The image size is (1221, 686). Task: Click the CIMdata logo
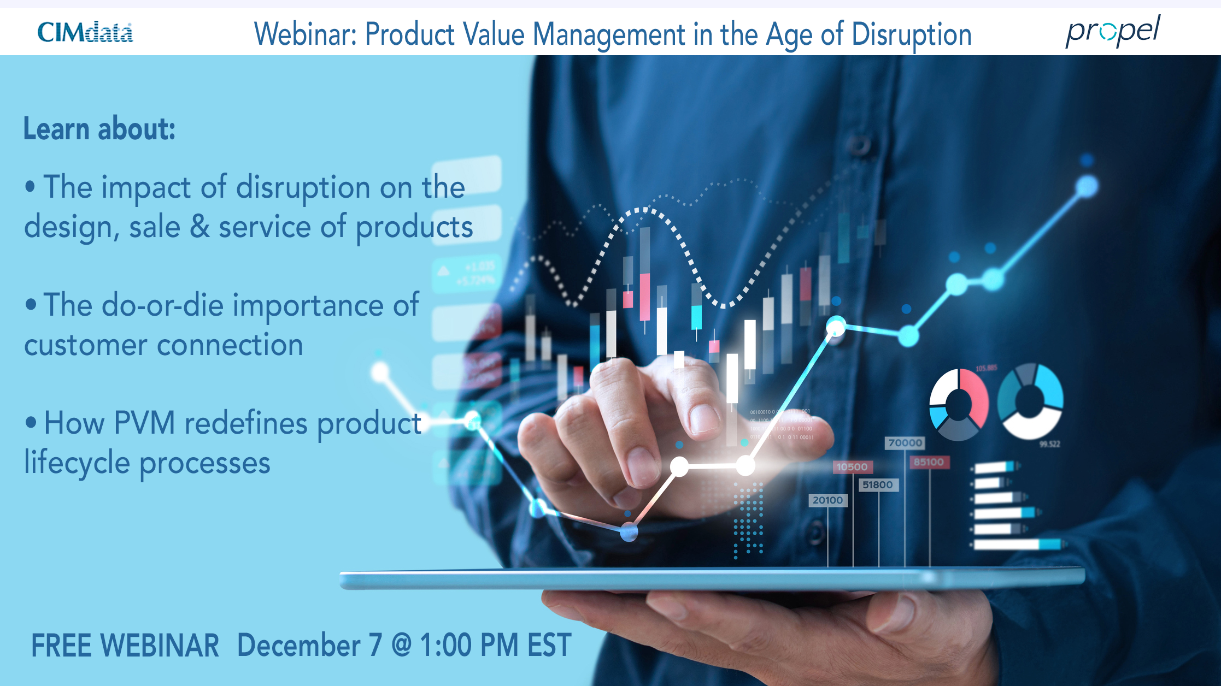click(x=85, y=33)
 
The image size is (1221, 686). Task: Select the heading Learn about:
click(x=99, y=129)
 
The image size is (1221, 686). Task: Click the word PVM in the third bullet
click(x=145, y=423)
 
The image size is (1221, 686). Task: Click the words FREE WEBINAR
click(x=125, y=646)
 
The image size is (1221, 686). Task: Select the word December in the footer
click(x=298, y=646)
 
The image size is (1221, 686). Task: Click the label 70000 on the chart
click(x=905, y=443)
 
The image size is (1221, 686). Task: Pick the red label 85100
click(x=929, y=462)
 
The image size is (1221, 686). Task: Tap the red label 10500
click(x=852, y=467)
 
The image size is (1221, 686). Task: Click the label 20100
click(x=827, y=500)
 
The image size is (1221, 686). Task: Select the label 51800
click(x=877, y=485)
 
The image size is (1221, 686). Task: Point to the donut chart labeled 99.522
click(x=1030, y=401)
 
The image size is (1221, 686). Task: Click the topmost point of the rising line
click(x=1087, y=186)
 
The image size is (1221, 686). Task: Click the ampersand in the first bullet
click(x=199, y=227)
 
